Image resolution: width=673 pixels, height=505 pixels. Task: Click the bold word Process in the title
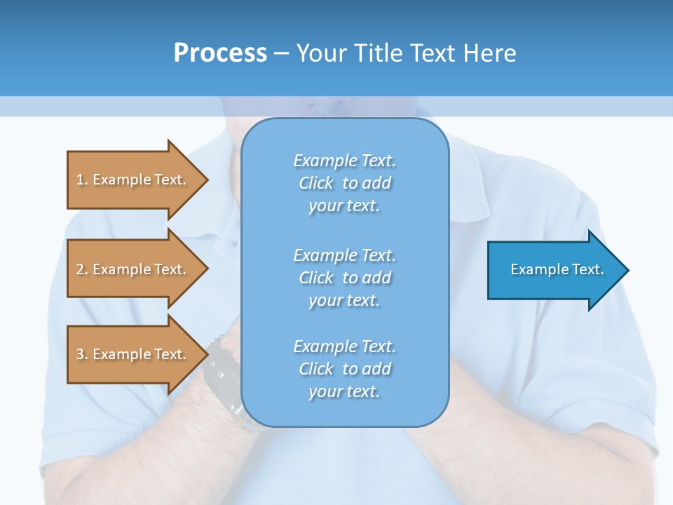pos(220,53)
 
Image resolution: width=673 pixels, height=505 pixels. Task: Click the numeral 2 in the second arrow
pos(80,269)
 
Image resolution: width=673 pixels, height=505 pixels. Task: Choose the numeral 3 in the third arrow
pos(80,354)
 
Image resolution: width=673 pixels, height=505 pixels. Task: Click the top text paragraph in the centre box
pos(344,183)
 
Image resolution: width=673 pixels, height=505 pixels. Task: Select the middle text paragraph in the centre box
pos(344,278)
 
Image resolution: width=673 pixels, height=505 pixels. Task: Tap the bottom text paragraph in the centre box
pos(344,369)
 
